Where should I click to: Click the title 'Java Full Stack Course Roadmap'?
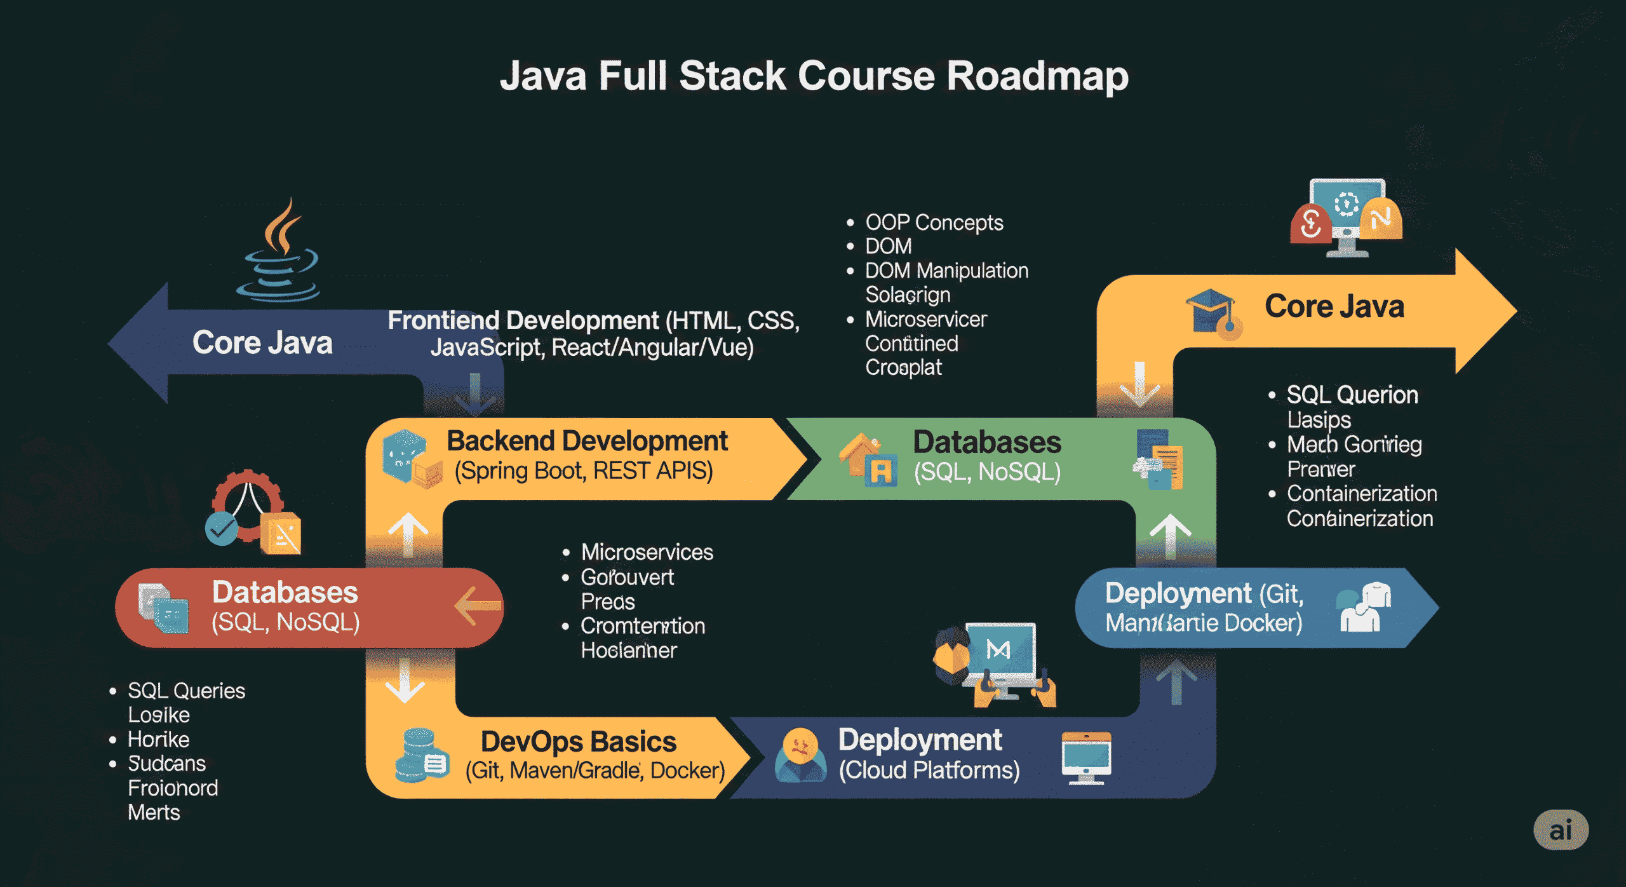[x=814, y=76]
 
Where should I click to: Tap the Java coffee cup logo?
[x=280, y=254]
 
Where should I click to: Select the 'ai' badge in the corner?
[x=1561, y=830]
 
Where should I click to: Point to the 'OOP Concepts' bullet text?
[x=934, y=223]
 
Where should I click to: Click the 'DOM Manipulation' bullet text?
[x=946, y=271]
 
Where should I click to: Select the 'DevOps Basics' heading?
[x=578, y=741]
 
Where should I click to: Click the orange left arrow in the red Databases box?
[x=476, y=606]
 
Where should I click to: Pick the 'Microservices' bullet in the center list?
[x=647, y=552]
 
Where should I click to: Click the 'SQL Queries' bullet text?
[x=186, y=691]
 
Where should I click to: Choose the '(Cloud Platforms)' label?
[x=929, y=771]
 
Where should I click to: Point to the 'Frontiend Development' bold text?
[x=523, y=321]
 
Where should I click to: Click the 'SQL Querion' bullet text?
[x=1352, y=395]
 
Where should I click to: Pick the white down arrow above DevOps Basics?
[x=405, y=681]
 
